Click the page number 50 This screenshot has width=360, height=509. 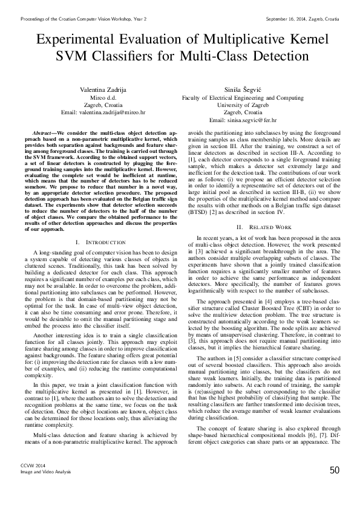(x=334, y=487)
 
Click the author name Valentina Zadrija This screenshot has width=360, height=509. (x=106, y=89)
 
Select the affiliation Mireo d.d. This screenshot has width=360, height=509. (x=107, y=97)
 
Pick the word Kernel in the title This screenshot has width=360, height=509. (x=304, y=41)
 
